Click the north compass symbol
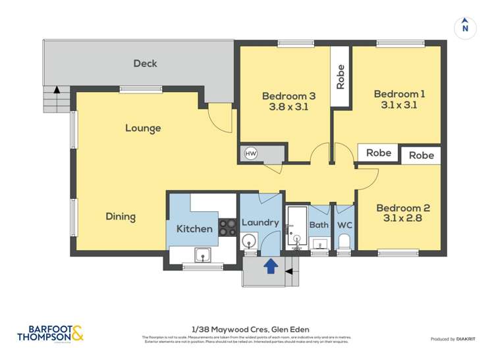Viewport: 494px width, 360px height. tap(465, 26)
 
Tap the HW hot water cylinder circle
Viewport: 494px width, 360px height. tap(250, 154)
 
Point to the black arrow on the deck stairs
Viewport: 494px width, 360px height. tap(57, 89)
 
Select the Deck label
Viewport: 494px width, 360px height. tap(145, 64)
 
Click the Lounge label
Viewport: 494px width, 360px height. tap(143, 128)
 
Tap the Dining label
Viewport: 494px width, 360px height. tap(121, 217)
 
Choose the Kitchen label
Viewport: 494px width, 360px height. tap(194, 229)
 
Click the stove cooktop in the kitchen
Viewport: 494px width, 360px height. tap(227, 227)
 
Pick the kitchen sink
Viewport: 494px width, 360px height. tap(202, 254)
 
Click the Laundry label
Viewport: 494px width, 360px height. tap(260, 222)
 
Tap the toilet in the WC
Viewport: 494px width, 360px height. tap(343, 245)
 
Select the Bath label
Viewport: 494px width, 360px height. tap(319, 224)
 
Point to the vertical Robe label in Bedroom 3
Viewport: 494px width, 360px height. tap(341, 76)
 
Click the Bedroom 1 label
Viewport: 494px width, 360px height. tap(399, 93)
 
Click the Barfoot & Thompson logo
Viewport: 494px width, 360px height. tap(51, 334)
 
